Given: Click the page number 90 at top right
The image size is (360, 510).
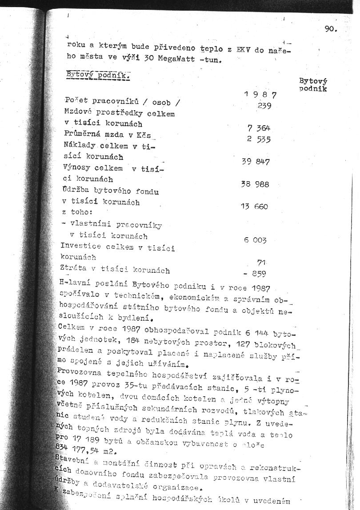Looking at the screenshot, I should pos(331,30).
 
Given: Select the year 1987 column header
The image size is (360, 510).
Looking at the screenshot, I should pos(260,94).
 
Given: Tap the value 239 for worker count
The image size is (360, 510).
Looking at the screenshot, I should pos(264,106).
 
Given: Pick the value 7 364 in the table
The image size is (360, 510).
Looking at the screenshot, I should pos(259,128).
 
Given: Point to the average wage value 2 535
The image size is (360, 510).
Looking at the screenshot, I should pos(259,139).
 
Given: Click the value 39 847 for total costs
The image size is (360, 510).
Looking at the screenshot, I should pos(256,162).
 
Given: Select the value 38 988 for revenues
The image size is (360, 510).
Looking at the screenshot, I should pos(255,184).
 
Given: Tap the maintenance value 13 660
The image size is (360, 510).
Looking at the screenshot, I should pos(254,207).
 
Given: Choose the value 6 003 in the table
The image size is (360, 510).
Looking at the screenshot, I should pos(255,240).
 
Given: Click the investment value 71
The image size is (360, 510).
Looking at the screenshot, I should pos(261,263).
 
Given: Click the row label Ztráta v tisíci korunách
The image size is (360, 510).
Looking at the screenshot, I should pos(115,269).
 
